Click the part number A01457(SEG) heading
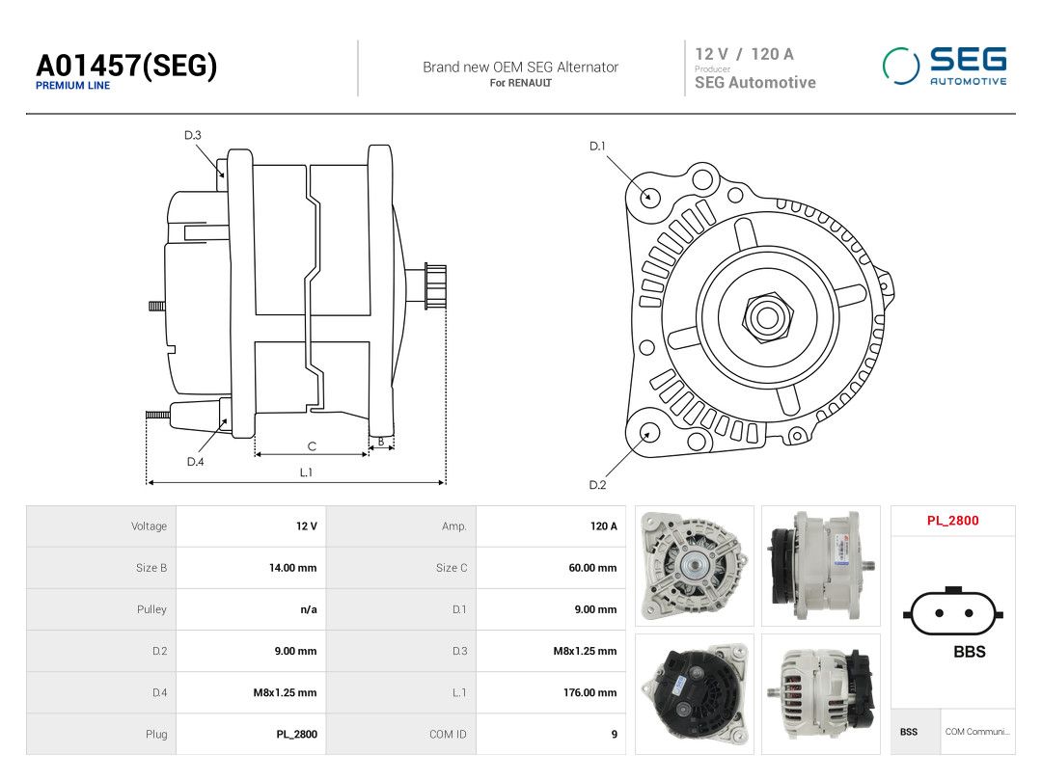click(126, 66)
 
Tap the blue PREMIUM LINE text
click(73, 86)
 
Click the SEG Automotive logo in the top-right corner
click(945, 66)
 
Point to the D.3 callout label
click(193, 136)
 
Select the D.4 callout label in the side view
click(195, 462)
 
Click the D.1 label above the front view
click(597, 147)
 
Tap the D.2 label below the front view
click(597, 485)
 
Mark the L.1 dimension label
click(306, 472)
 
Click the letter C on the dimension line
click(312, 446)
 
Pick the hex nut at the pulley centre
click(768, 317)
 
